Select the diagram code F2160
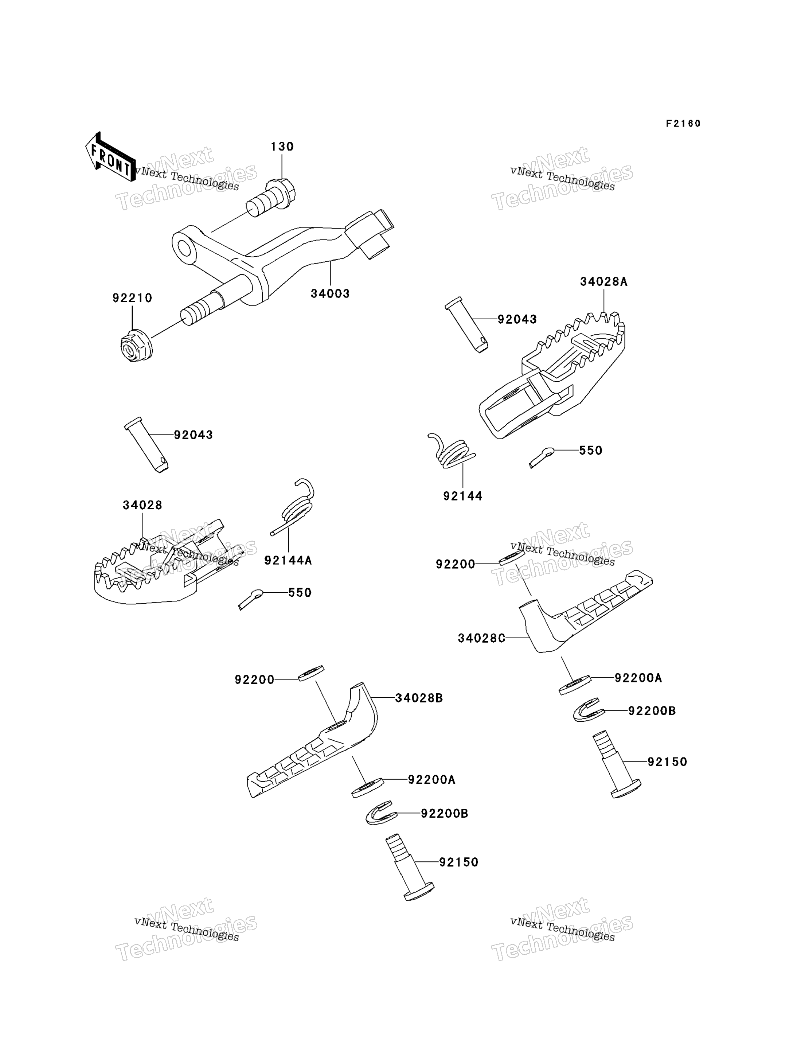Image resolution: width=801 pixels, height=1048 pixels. pos(683,124)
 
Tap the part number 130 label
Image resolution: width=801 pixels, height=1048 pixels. pos(282,147)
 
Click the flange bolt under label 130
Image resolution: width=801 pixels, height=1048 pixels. pos(271,198)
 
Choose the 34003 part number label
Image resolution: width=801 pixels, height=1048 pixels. pos(330,294)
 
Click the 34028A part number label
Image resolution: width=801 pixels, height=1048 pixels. pos(603,282)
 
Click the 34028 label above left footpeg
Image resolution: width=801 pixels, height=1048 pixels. pos(142,505)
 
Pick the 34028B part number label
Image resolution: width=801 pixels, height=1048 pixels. pos(419,698)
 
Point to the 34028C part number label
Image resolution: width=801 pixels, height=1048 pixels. pos(481,638)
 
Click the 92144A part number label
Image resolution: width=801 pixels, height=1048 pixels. pos(288,560)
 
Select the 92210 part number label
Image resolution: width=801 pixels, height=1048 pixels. pos(132,298)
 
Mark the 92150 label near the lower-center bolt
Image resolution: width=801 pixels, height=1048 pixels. pos(459,862)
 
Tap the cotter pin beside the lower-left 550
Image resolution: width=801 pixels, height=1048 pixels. pos(251,599)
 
